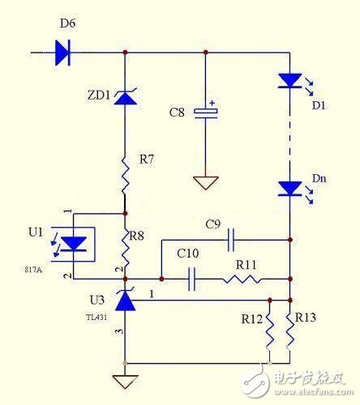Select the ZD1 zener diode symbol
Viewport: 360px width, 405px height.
125,98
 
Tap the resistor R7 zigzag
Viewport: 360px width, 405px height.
125,173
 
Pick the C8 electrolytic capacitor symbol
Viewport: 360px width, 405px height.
209,113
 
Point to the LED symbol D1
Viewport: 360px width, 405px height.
289,81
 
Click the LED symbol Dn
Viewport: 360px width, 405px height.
289,189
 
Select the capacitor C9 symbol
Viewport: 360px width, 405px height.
231,239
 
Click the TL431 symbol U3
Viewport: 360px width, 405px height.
125,301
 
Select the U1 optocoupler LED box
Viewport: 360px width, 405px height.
75,244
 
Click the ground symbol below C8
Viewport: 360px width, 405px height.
209,183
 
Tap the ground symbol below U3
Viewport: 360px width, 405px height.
125,381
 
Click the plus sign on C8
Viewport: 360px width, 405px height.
212,103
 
